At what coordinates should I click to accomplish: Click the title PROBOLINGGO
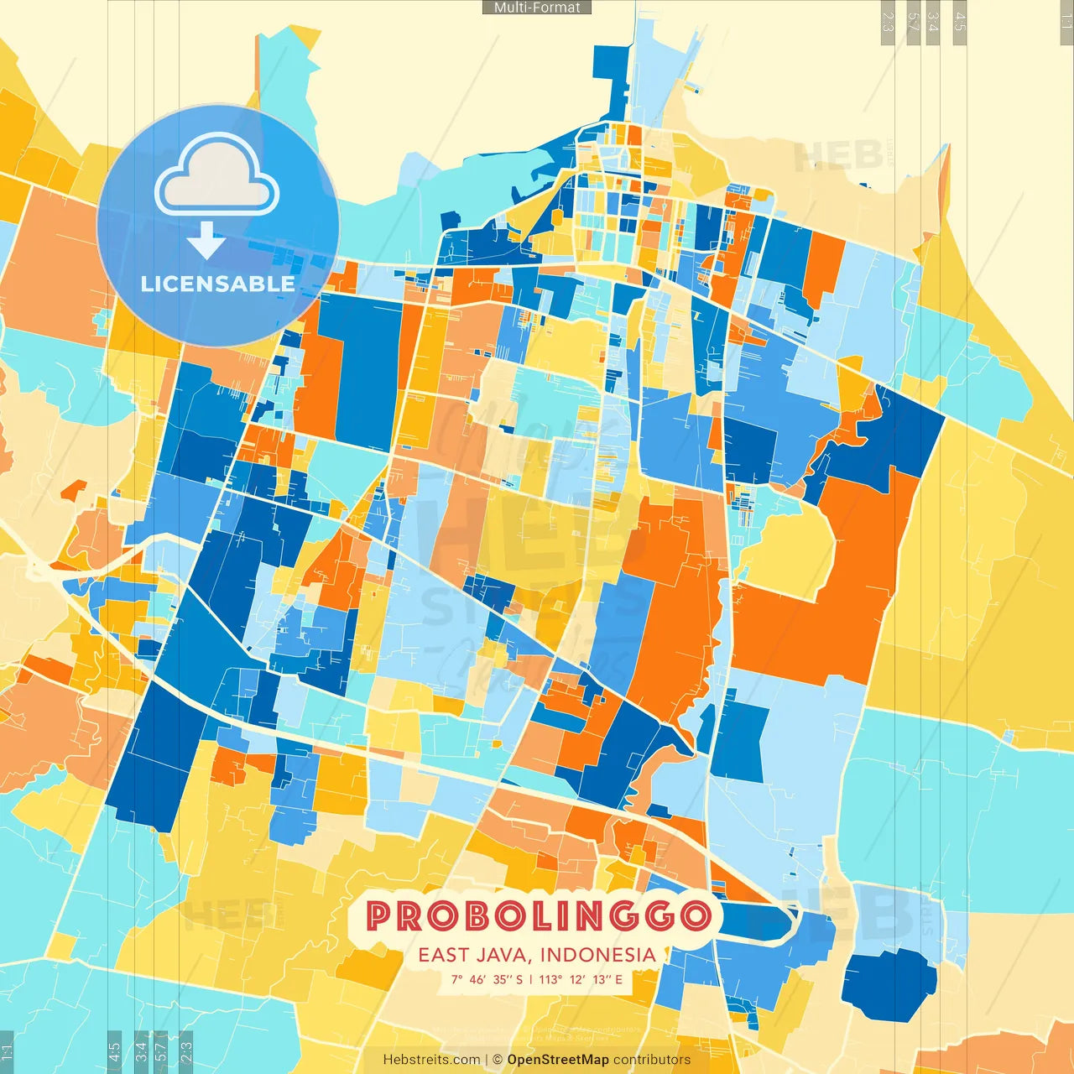538,916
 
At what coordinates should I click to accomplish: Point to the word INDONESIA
597,955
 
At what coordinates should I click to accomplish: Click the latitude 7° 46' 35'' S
487,979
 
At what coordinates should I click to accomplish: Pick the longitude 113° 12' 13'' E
581,979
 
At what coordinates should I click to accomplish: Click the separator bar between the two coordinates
530,979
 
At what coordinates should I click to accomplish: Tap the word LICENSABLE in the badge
217,284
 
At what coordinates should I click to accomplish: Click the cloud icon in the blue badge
216,176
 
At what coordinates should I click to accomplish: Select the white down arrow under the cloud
206,241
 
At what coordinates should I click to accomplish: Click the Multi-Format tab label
537,8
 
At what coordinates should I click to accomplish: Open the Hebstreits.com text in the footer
431,1060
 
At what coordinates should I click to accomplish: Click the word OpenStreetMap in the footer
557,1060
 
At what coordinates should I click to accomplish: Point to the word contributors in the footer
652,1060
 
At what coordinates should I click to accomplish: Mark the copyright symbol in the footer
497,1060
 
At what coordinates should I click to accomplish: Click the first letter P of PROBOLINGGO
379,916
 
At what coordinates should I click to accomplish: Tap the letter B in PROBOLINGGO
482,916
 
